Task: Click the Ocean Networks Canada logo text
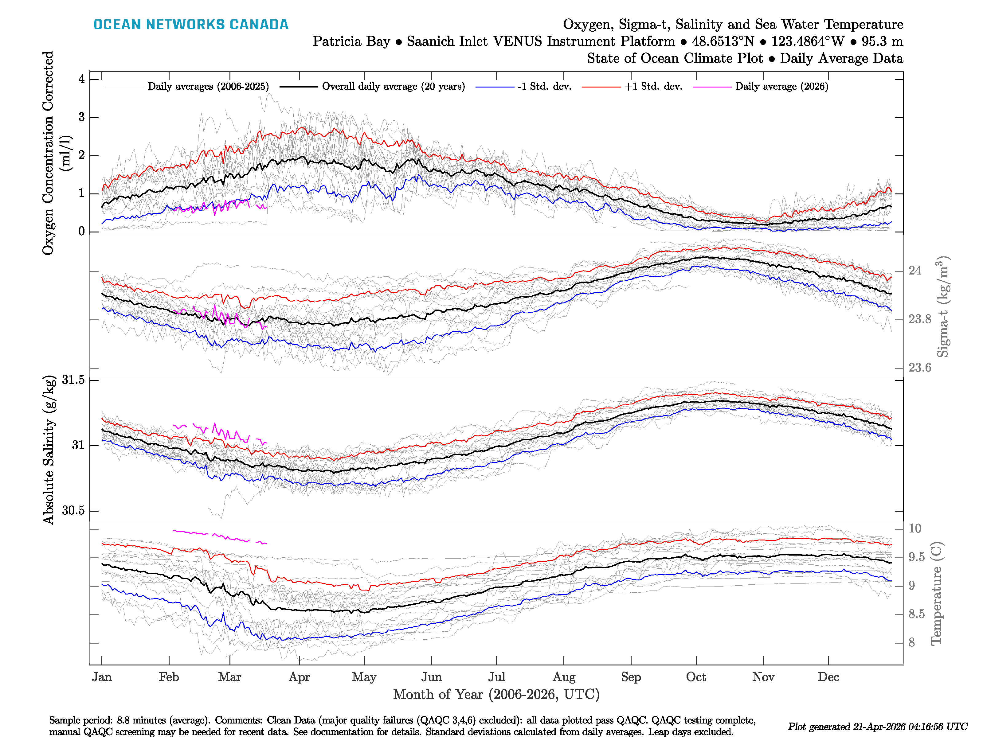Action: pyautogui.click(x=191, y=25)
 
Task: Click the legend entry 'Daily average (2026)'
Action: pyautogui.click(x=781, y=87)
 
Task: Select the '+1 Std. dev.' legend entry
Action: pyautogui.click(x=653, y=87)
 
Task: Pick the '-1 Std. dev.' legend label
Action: pyautogui.click(x=544, y=87)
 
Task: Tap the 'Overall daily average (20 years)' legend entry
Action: pyautogui.click(x=393, y=87)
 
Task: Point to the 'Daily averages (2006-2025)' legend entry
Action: pyautogui.click(x=208, y=87)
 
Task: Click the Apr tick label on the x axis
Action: pyautogui.click(x=299, y=677)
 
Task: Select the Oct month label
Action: pyautogui.click(x=696, y=677)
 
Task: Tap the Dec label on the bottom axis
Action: pyautogui.click(x=828, y=677)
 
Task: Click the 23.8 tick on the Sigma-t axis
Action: pyautogui.click(x=919, y=319)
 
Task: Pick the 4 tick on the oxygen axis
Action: pyautogui.click(x=82, y=79)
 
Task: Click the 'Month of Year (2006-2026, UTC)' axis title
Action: pyautogui.click(x=496, y=694)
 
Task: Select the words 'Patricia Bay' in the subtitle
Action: pyautogui.click(x=351, y=41)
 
